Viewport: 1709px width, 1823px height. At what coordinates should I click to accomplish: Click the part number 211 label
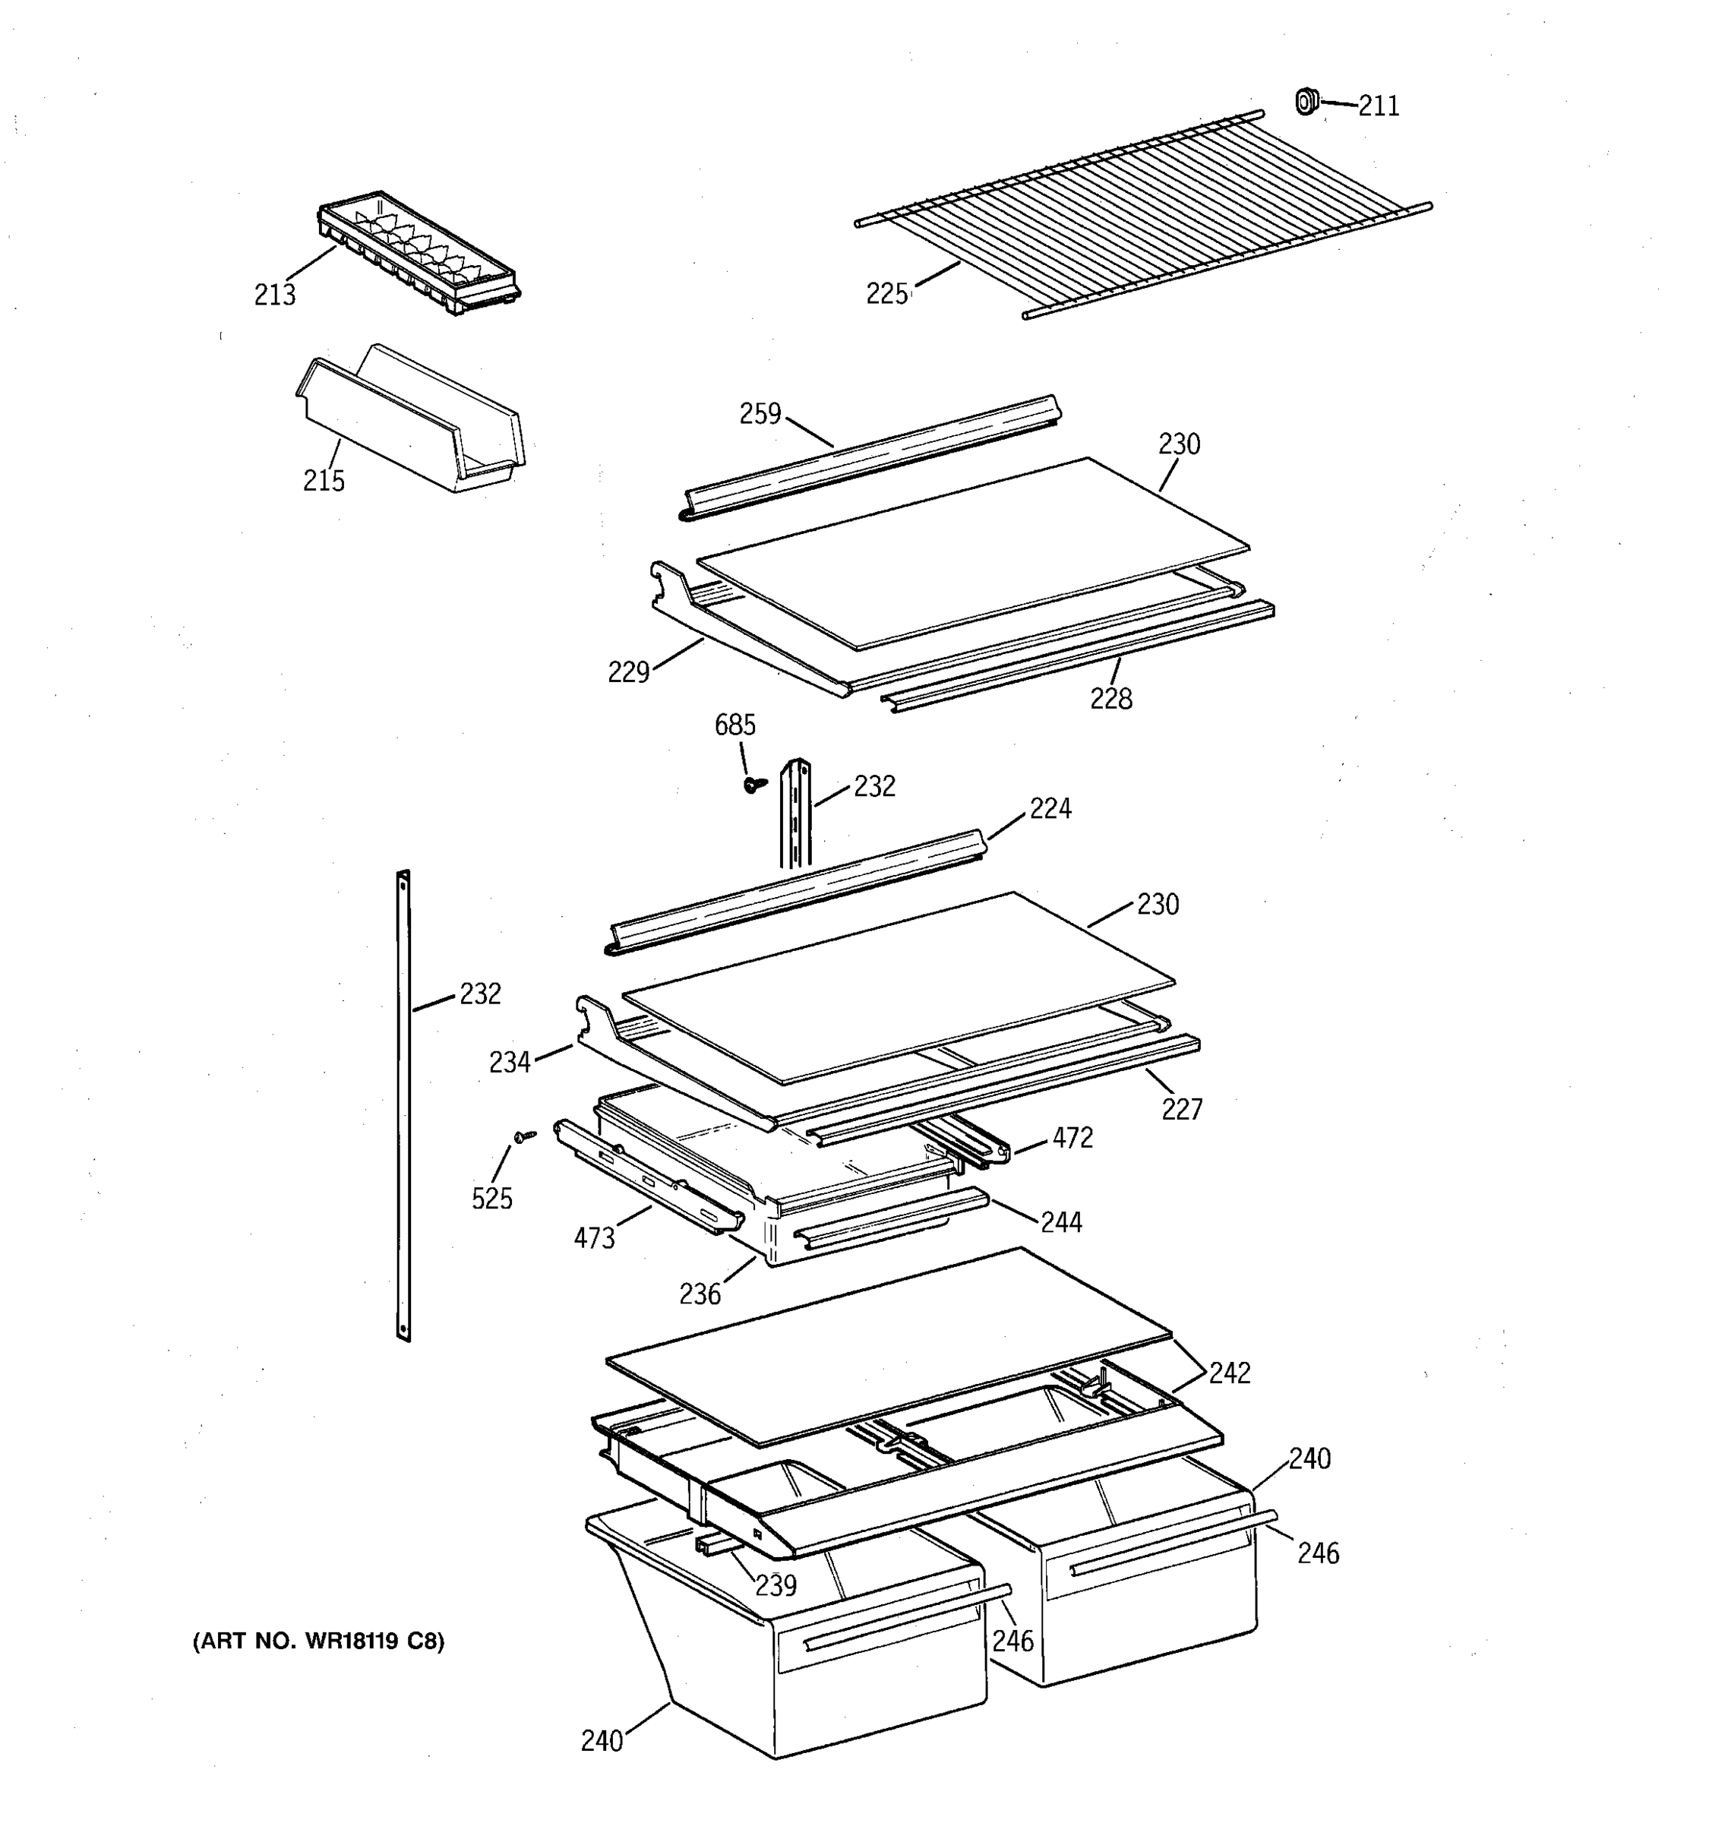click(1378, 106)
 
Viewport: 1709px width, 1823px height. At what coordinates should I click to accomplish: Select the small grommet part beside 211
click(1306, 101)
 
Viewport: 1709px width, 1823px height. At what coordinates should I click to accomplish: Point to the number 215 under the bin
click(324, 481)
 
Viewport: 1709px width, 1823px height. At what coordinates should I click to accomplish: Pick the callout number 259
click(760, 415)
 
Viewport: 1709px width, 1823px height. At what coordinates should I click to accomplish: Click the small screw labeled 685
click(754, 785)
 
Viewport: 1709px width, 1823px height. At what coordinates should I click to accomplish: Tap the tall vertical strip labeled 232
click(403, 1105)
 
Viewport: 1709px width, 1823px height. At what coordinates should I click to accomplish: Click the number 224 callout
click(1050, 809)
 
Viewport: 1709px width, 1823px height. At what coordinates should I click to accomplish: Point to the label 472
click(1072, 1138)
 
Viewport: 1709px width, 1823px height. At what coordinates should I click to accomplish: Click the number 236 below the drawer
click(700, 1294)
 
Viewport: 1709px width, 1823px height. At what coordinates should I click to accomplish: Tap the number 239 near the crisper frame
click(776, 1585)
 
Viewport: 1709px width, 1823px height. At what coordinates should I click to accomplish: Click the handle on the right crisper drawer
click(1174, 1543)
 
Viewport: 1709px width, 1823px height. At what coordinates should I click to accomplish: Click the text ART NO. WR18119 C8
click(318, 1641)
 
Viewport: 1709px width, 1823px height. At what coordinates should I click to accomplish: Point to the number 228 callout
click(1110, 700)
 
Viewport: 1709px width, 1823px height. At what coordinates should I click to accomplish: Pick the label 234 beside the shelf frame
click(510, 1062)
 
